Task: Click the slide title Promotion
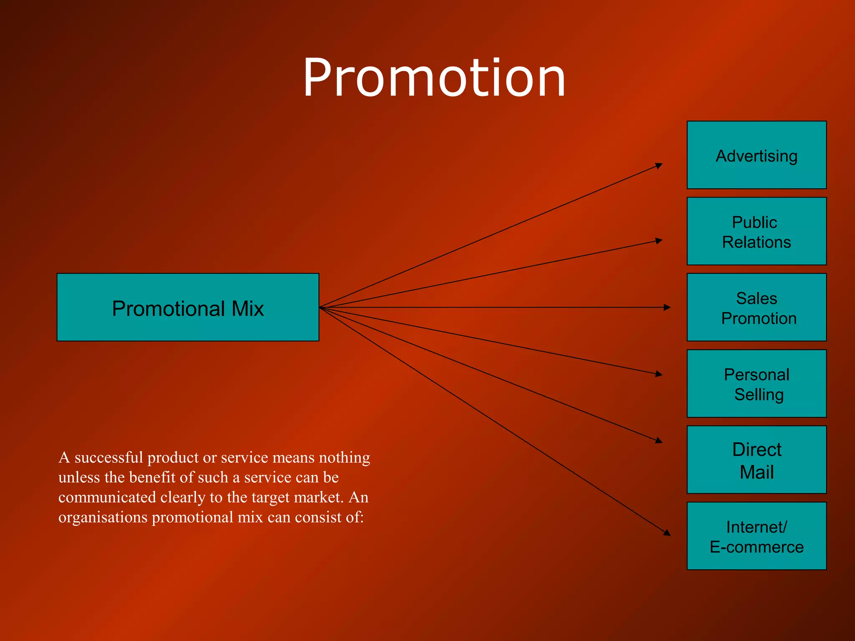click(434, 78)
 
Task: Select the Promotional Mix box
click(188, 307)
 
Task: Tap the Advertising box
click(756, 155)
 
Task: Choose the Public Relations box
click(756, 231)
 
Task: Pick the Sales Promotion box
click(756, 307)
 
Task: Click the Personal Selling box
click(756, 384)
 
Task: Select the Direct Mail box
click(756, 459)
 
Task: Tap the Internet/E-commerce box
click(756, 536)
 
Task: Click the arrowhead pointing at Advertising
click(659, 166)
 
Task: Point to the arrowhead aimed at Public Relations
click(659, 241)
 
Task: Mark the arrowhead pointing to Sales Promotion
click(667, 308)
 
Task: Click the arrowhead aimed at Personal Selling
click(659, 374)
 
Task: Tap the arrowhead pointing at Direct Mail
click(659, 440)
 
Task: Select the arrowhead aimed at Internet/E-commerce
click(667, 532)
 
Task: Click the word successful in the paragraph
click(109, 458)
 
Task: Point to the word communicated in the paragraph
click(107, 497)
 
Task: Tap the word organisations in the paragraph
click(103, 517)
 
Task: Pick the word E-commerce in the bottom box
click(756, 547)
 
